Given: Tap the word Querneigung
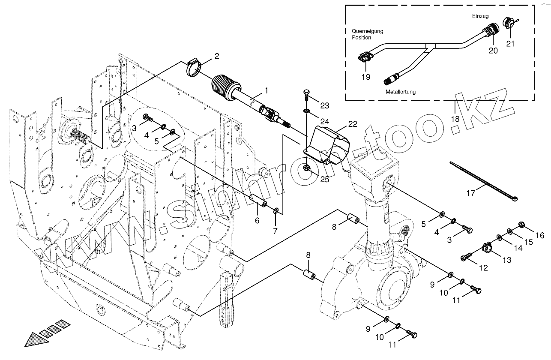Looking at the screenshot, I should point(367,31).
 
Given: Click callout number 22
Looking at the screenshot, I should point(352,124).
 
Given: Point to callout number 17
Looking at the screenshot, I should point(471,194).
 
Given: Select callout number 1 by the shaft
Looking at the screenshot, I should point(266,91).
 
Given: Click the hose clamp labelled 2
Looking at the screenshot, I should point(195,69).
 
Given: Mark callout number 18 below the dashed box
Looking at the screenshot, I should point(455,119).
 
